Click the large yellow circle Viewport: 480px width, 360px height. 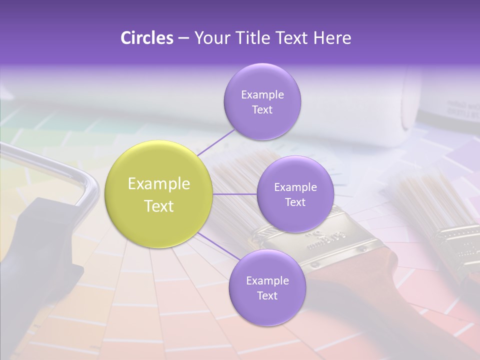pos(158,194)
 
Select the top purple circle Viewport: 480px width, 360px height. pos(262,101)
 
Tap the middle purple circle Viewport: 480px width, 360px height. pos(295,194)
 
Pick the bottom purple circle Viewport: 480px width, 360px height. pos(267,287)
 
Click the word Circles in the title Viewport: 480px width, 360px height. pos(147,38)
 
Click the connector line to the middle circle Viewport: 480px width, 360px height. pos(234,194)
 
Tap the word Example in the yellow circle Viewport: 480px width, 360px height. pos(158,184)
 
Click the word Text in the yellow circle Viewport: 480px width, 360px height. pos(158,206)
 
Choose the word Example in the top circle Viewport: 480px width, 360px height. pos(262,94)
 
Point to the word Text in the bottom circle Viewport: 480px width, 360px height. pos(267,295)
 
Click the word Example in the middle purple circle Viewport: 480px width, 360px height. pos(295,187)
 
